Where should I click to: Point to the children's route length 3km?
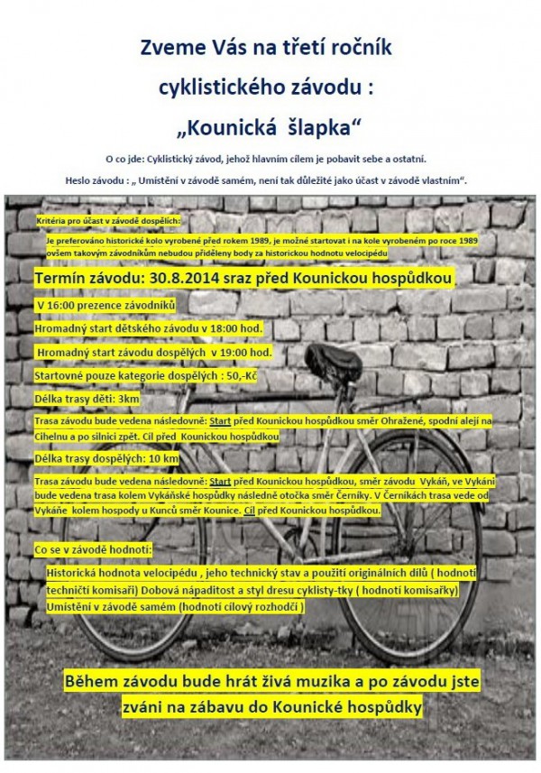click(128, 398)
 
